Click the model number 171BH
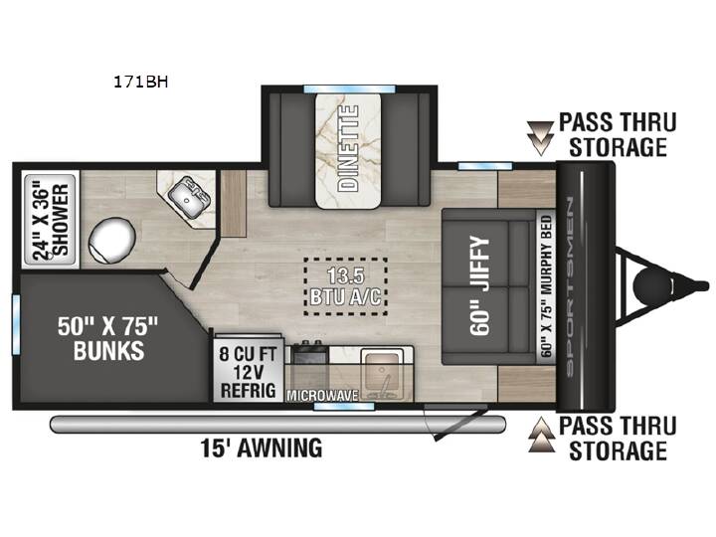tap(140, 82)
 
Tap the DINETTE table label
tap(348, 148)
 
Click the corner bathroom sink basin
tap(188, 200)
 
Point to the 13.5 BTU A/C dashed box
tap(346, 286)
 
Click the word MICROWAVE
tap(322, 396)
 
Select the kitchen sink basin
tap(382, 372)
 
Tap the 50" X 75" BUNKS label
tap(108, 338)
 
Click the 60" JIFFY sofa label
tap(480, 286)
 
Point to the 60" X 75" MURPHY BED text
tap(547, 285)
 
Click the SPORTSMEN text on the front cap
tap(571, 287)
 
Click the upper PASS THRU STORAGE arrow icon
tap(541, 137)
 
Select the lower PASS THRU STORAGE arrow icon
tap(542, 435)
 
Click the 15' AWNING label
tap(262, 447)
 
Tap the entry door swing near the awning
tap(455, 423)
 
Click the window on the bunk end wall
tap(16, 324)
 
